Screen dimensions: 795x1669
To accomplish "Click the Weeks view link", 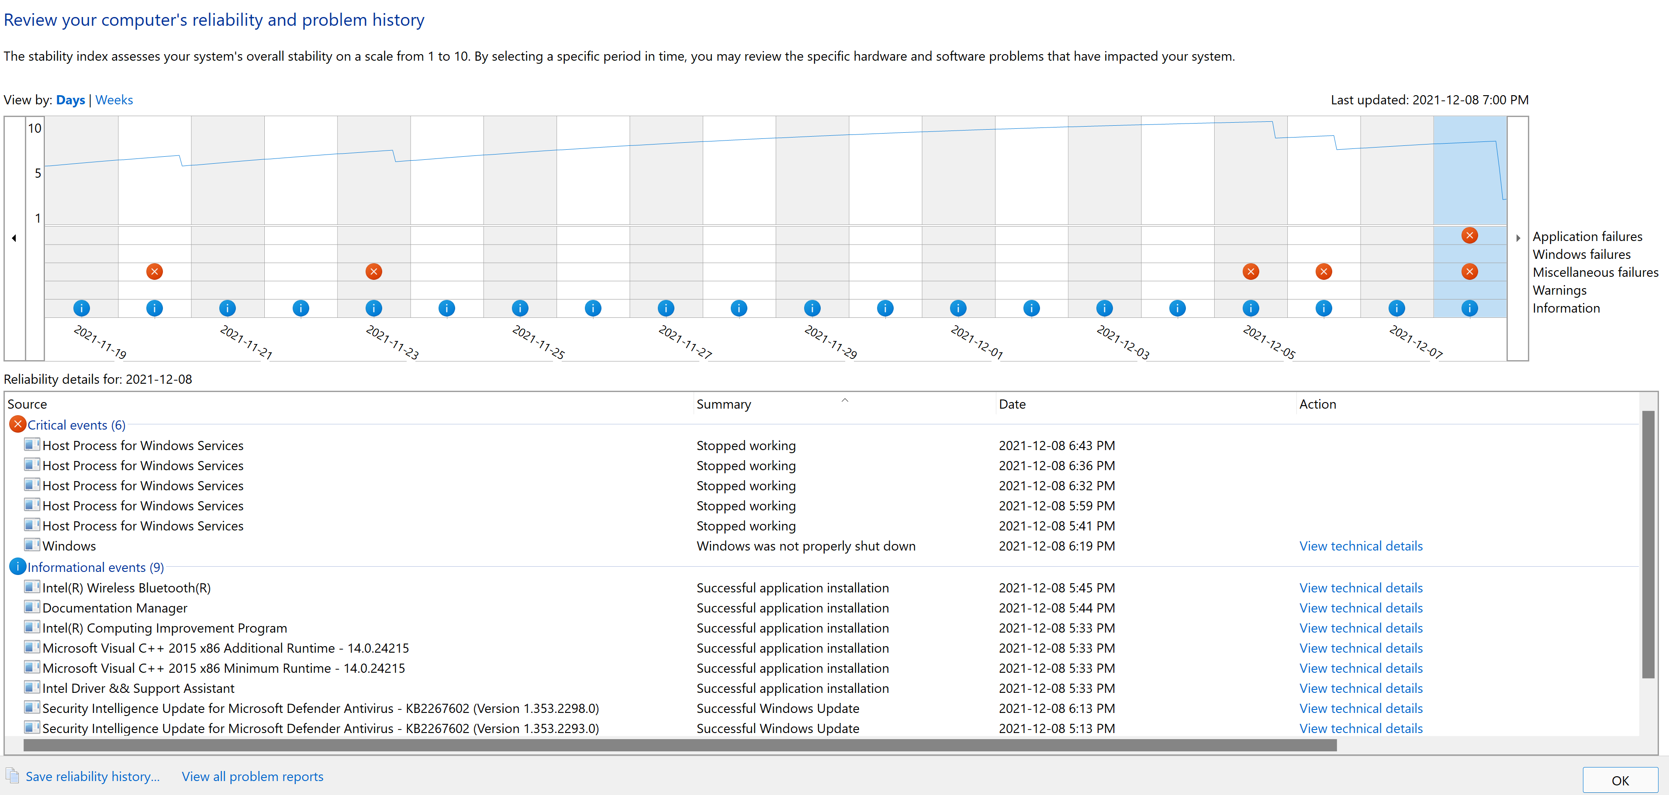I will tap(114, 100).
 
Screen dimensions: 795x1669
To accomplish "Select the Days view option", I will tap(71, 100).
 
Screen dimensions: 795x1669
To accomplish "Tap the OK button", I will tap(1620, 780).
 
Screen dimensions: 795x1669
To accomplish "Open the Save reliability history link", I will tap(92, 776).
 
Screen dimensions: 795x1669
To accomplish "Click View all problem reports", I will tap(252, 776).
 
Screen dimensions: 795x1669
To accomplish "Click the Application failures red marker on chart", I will tap(1469, 236).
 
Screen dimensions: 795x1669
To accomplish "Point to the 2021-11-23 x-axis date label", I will tap(392, 342).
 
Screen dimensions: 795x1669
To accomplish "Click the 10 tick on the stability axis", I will tap(35, 128).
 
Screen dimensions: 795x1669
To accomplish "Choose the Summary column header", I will tap(724, 404).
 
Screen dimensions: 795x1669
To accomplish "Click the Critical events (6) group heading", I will tap(76, 425).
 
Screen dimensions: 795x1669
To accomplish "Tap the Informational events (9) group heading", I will tap(95, 567).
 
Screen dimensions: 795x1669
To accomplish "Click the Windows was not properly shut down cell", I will tap(805, 546).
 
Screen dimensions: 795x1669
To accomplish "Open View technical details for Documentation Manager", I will tap(1361, 608).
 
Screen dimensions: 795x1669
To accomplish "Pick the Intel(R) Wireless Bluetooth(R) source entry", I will tap(126, 588).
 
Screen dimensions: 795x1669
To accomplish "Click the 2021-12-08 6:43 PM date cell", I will tap(1056, 445).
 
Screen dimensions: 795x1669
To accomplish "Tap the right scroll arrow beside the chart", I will tap(1517, 238).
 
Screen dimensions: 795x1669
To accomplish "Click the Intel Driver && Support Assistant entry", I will tap(138, 688).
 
